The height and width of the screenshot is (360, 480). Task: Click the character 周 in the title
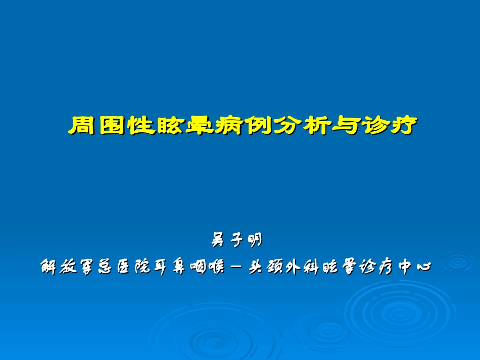tap(83, 126)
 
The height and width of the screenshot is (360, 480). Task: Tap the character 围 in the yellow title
tap(113, 126)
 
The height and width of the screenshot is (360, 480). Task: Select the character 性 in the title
tap(142, 126)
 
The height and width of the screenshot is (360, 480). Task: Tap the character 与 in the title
tap(347, 126)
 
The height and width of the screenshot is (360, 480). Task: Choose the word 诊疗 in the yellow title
tap(391, 126)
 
